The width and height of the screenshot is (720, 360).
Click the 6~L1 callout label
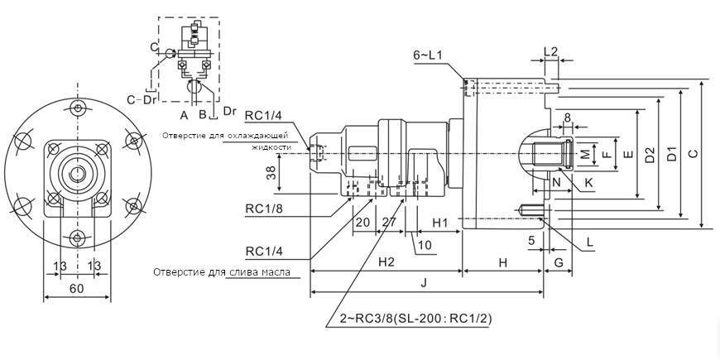click(429, 55)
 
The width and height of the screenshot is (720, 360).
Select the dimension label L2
click(550, 51)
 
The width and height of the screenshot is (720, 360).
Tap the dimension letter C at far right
click(693, 153)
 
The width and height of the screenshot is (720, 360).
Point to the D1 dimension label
click(672, 153)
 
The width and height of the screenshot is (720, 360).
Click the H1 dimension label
click(440, 223)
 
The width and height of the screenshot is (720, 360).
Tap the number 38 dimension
click(271, 172)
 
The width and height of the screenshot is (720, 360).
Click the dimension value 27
click(389, 223)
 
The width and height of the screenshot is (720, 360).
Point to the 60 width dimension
click(76, 288)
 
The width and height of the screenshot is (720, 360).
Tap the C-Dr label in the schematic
click(142, 100)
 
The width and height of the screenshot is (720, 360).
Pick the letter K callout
click(588, 181)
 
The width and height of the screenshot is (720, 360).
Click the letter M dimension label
click(584, 153)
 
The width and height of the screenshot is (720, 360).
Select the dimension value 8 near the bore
click(567, 118)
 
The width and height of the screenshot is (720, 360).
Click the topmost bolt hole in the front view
click(77, 109)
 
